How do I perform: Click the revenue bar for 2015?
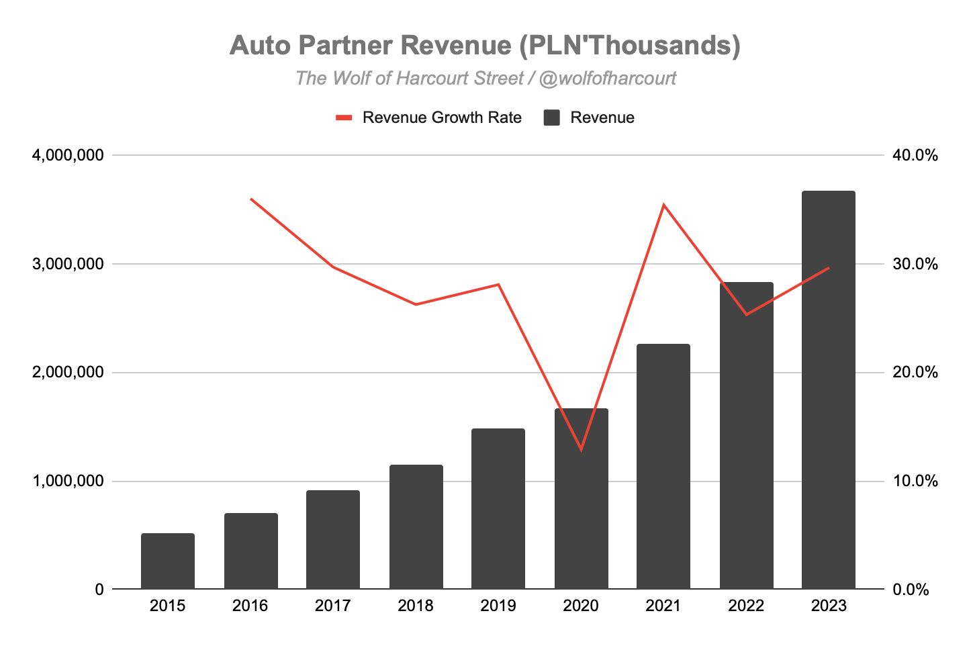[168, 561]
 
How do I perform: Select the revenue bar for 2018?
[416, 526]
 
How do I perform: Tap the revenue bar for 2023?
[829, 389]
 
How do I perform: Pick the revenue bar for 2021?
[663, 466]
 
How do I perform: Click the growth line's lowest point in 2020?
[581, 449]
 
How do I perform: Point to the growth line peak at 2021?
[663, 205]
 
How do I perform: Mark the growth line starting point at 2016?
[251, 199]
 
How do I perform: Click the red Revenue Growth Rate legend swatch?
[344, 118]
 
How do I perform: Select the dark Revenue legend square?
[551, 118]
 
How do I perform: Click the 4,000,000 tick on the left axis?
[68, 155]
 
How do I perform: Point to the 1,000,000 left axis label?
[68, 481]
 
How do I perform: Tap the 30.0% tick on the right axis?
[915, 264]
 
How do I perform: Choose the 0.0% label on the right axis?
[911, 590]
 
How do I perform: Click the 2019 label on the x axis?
[498, 606]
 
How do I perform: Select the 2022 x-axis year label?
[746, 606]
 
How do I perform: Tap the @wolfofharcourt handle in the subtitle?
[607, 79]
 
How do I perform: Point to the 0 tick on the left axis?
[100, 590]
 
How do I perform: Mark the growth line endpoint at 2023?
[829, 268]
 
